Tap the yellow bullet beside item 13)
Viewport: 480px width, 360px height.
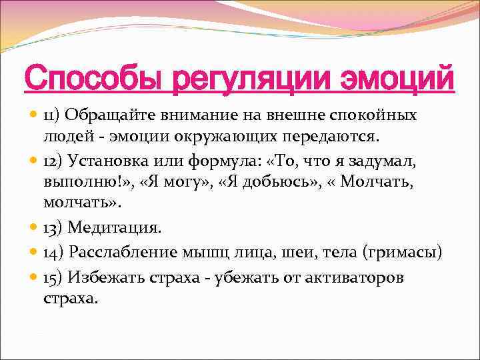point(33,227)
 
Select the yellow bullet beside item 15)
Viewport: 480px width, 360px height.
point(33,276)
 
